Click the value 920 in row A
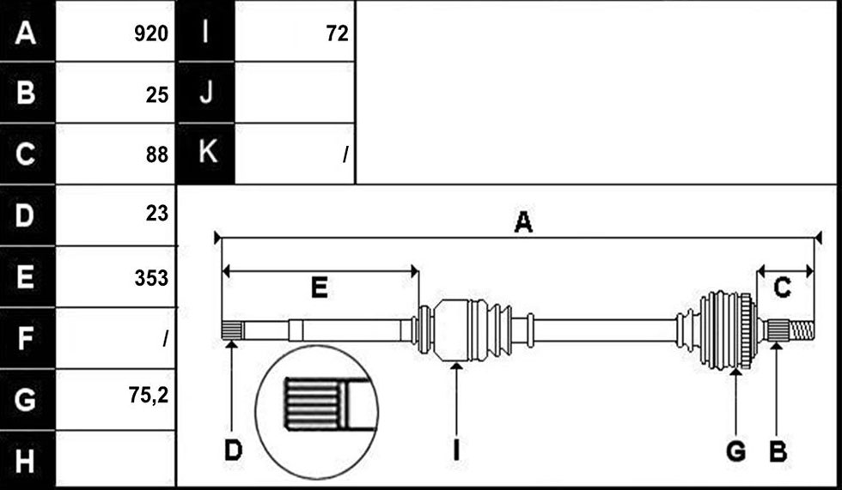151,33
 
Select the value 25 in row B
156,95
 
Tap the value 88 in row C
156,154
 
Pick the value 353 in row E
151,278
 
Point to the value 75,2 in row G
148,396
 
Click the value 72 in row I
337,33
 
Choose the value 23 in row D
156,214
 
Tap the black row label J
205,92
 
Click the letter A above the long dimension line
523,222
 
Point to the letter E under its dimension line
320,287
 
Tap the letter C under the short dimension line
782,287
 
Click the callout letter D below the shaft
233,451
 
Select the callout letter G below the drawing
735,451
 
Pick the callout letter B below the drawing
778,451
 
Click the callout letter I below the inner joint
456,451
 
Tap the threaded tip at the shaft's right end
802,330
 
